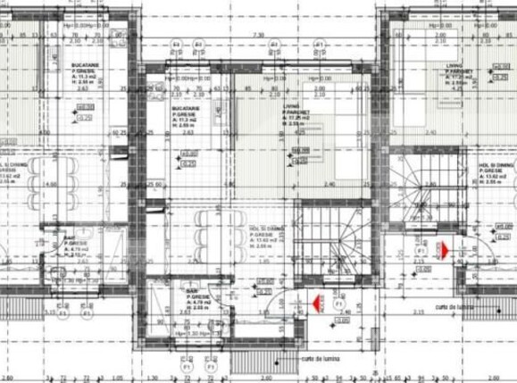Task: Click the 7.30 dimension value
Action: [259, 35]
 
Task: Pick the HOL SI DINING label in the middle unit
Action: [266, 229]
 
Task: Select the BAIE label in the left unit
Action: [70, 238]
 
